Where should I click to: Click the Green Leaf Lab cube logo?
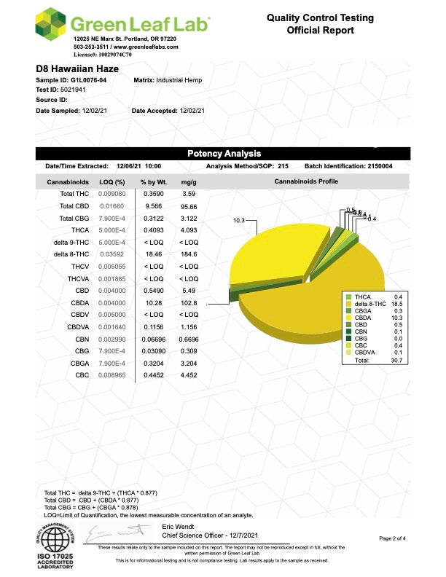pyautogui.click(x=52, y=25)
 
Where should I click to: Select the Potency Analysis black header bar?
pyautogui.click(x=223, y=154)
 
